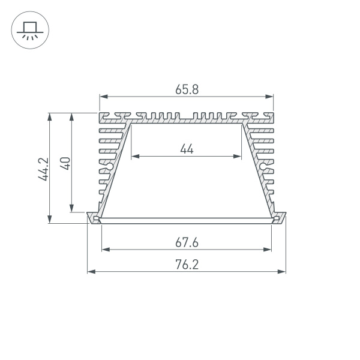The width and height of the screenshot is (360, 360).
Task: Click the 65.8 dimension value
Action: pos(187,89)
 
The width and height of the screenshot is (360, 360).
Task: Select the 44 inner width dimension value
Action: pos(187,149)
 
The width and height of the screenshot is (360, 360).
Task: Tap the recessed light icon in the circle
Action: pos(28,31)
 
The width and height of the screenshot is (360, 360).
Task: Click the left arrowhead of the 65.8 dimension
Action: pos(103,96)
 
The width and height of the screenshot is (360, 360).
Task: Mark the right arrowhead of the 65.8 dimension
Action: pos(270,96)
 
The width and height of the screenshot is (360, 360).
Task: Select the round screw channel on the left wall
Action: pos(110,166)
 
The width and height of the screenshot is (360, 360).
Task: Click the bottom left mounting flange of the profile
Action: pos(94,218)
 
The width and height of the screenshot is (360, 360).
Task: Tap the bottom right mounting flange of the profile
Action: pos(279,218)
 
